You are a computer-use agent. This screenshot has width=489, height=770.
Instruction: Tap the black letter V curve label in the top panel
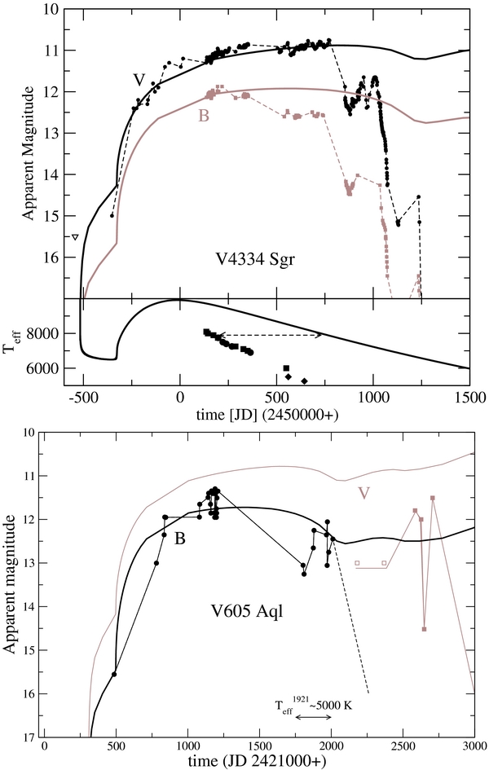[x=139, y=79]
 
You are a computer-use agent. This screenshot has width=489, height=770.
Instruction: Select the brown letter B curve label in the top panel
[x=203, y=116]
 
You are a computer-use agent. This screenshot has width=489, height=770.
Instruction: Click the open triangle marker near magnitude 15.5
[x=75, y=237]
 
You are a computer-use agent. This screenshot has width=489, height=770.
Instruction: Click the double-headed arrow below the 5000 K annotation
[x=313, y=717]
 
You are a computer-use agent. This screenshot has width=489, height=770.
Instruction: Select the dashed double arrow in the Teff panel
[x=270, y=335]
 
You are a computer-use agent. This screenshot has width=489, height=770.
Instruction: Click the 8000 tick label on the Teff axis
[x=52, y=334]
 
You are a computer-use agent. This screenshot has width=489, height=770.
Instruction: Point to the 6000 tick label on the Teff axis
[x=52, y=369]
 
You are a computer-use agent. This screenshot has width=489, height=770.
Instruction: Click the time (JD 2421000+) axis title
[x=259, y=763]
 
